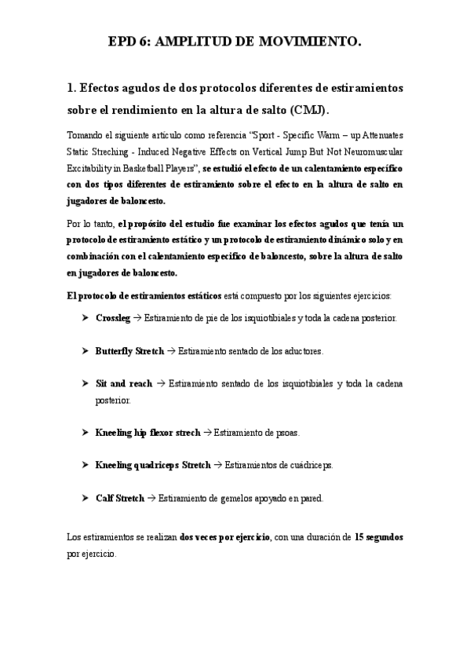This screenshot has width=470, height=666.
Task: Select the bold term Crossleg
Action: click(113, 318)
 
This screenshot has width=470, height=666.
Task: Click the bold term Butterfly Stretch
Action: click(129, 351)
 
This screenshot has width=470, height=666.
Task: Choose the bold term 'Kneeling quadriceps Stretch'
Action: click(153, 465)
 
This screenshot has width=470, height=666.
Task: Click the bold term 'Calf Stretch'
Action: click(119, 498)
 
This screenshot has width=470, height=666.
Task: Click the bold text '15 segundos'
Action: click(379, 537)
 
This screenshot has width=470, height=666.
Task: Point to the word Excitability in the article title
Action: click(90, 167)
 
